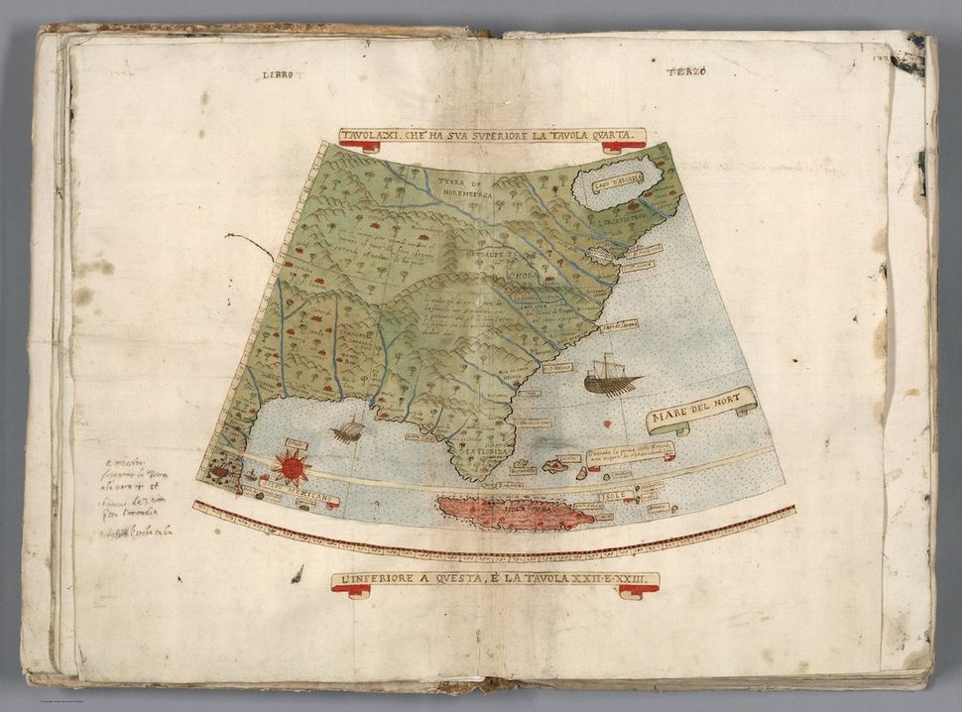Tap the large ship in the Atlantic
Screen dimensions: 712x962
pos(608,376)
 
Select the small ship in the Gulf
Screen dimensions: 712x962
pos(348,430)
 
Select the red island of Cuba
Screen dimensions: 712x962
pos(515,512)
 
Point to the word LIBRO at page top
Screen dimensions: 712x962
pos(279,74)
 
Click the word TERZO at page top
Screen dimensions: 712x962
pos(682,71)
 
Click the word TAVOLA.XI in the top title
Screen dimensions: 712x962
pos(375,136)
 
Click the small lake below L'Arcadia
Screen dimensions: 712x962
pos(601,254)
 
